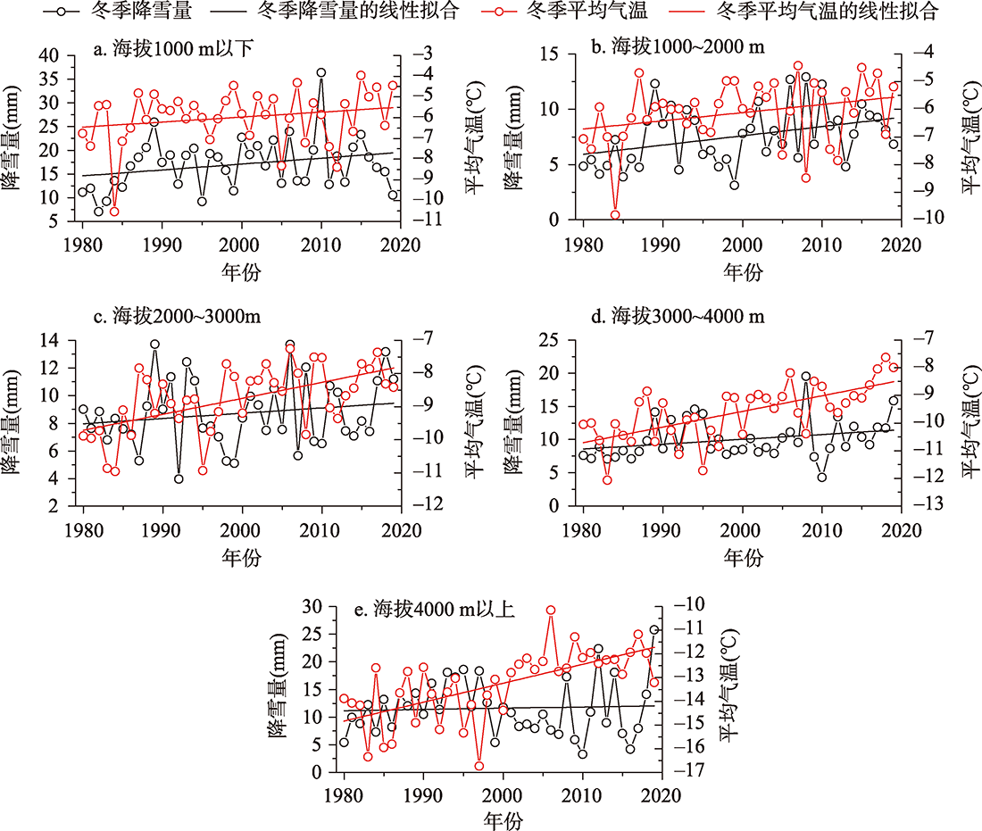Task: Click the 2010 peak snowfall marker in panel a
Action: (320, 73)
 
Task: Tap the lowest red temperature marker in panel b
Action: (615, 215)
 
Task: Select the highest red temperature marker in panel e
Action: (551, 611)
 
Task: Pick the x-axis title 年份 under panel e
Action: (503, 819)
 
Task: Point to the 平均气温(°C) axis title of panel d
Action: (969, 423)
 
